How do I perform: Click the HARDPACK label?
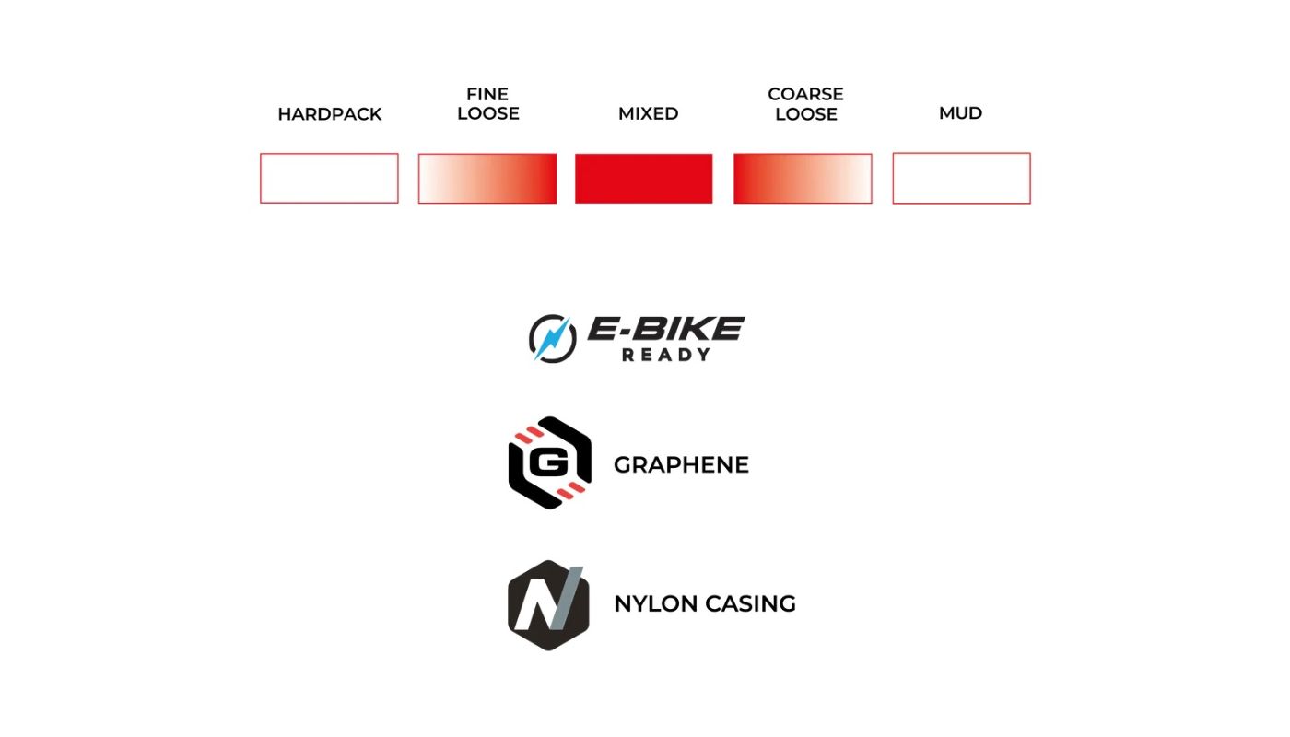(329, 114)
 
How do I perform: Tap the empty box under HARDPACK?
(329, 178)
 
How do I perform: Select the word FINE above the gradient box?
(487, 94)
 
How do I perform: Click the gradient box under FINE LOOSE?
(487, 178)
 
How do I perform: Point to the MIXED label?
(648, 113)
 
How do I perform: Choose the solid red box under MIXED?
(644, 178)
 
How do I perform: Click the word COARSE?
(805, 94)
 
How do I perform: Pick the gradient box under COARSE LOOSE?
(803, 178)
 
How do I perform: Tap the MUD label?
(960, 113)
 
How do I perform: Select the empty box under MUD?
(961, 178)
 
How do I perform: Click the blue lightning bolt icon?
(551, 338)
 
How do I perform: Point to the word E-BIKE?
(666, 329)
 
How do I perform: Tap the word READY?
(665, 355)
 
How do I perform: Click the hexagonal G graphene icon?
(549, 462)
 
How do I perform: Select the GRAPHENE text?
(681, 465)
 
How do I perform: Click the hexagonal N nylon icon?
(548, 604)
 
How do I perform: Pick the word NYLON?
(655, 604)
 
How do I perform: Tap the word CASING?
(750, 604)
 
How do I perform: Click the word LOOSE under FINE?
(487, 114)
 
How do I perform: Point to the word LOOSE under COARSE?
(805, 114)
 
